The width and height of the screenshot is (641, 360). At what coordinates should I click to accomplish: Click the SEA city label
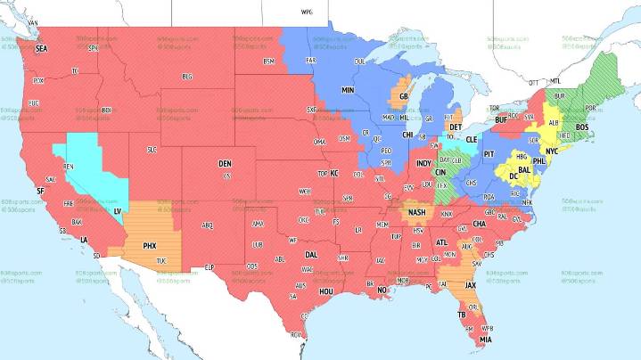[x=41, y=50]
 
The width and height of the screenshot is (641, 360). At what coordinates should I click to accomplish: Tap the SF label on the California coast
[x=39, y=191]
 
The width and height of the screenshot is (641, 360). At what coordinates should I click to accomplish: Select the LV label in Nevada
[x=118, y=210]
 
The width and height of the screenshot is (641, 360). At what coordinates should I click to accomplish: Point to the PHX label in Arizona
[x=150, y=244]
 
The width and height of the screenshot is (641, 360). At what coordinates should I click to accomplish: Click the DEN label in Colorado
[x=225, y=164]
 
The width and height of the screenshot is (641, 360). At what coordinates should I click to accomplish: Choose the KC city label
[x=335, y=173]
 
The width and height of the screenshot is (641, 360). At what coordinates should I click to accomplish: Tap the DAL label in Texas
[x=310, y=254]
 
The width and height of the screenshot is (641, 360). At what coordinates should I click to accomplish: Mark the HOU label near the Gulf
[x=326, y=291]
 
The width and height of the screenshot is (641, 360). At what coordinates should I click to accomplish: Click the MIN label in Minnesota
[x=348, y=91]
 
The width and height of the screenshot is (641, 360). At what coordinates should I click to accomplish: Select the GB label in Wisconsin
[x=403, y=96]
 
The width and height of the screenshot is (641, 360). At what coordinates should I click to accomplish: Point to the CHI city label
[x=408, y=135]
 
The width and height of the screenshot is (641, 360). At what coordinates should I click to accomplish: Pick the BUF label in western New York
[x=501, y=119]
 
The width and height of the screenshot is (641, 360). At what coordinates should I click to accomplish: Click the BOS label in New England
[x=583, y=127]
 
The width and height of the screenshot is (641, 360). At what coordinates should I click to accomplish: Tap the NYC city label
[x=551, y=151]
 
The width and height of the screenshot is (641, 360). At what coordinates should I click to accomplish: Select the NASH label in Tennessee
[x=416, y=213]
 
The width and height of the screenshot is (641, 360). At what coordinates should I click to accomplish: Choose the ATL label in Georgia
[x=441, y=242]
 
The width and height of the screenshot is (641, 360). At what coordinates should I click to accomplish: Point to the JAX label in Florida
[x=471, y=285]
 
